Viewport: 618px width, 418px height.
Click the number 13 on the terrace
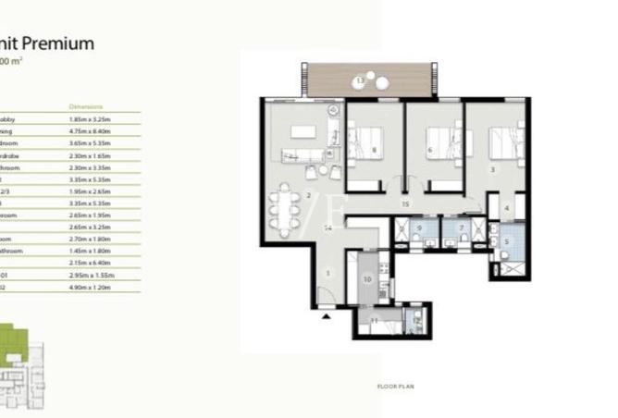[359, 81]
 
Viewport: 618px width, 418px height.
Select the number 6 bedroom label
[430, 150]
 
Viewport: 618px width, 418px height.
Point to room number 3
[491, 169]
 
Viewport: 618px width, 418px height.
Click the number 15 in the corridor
[405, 203]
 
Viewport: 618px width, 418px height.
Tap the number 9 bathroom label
[419, 227]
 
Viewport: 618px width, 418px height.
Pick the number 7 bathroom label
[461, 227]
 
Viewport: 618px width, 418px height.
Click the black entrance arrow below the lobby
[326, 316]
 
